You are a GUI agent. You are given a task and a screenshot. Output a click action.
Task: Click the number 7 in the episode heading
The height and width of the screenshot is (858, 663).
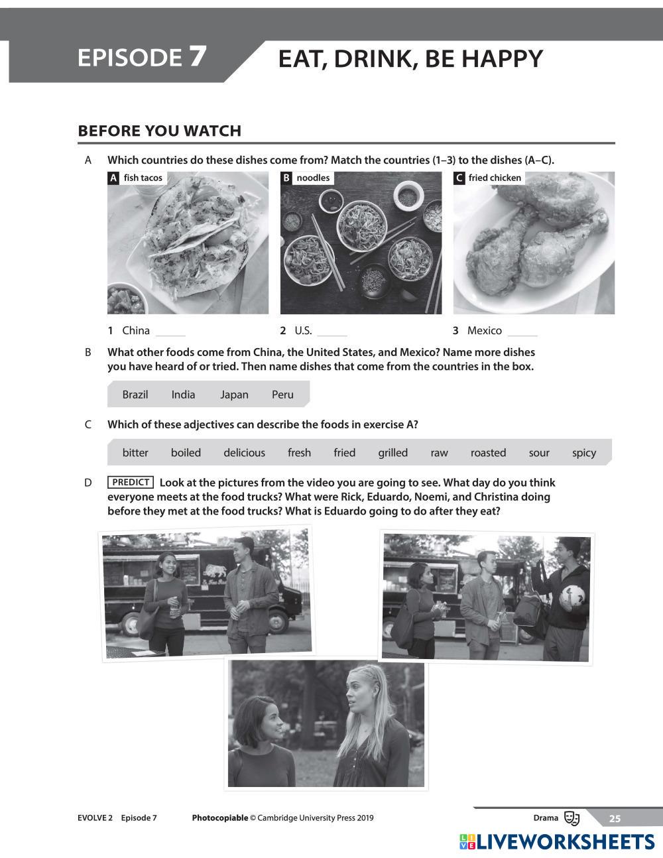pos(198,56)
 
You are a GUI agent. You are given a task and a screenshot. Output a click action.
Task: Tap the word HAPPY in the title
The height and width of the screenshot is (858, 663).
pos(502,59)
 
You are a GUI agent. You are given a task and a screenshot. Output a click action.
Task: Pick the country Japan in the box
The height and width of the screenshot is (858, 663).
pos(234,395)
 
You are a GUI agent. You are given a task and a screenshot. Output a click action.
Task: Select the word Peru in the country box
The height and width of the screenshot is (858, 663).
pos(282,395)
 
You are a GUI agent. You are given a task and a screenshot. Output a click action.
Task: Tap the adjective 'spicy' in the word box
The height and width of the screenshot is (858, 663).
pos(584,453)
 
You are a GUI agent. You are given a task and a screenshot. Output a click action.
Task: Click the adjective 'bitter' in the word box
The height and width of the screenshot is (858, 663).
pos(135,452)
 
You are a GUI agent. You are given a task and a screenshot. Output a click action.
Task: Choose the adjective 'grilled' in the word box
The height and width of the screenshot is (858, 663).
pos(393,453)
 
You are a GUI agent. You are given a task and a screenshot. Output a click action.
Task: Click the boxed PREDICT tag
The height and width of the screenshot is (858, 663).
pos(131,483)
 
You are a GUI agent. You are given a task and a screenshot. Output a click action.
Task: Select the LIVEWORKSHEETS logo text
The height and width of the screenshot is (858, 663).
pos(566,842)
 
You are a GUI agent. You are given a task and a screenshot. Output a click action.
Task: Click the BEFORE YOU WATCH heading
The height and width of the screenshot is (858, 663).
pos(159,131)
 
